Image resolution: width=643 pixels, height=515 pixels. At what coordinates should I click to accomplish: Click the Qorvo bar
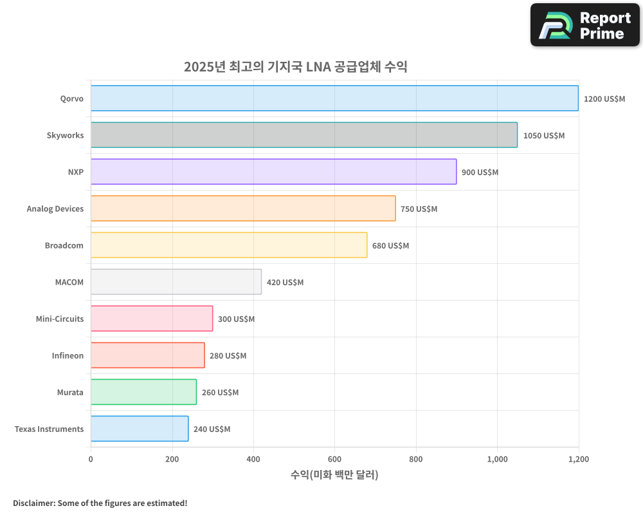(334, 98)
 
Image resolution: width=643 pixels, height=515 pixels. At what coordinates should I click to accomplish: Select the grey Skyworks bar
(303, 135)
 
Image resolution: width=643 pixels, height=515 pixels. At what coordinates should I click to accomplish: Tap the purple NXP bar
(273, 172)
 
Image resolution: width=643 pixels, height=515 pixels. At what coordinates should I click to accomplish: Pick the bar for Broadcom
(229, 245)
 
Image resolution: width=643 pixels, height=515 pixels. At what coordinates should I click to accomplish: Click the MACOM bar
(176, 282)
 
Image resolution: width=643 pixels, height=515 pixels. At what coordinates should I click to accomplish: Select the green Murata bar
(143, 392)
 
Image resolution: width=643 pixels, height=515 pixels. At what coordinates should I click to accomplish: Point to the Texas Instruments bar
(140, 429)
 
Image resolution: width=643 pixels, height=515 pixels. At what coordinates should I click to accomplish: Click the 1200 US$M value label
(604, 99)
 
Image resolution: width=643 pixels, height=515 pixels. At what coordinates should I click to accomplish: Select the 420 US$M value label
(285, 283)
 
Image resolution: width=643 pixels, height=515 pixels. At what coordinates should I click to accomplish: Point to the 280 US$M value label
(228, 356)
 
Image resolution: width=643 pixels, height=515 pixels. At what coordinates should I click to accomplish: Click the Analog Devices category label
(55, 209)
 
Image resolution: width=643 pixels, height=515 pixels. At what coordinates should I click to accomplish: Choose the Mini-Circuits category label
(60, 319)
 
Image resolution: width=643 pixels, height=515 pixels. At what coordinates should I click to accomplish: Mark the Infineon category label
(68, 356)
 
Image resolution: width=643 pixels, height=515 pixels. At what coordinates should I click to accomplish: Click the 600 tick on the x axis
(334, 460)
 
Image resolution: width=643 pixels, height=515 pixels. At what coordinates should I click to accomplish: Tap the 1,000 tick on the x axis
(497, 460)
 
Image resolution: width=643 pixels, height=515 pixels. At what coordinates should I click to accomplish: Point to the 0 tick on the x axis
(91, 460)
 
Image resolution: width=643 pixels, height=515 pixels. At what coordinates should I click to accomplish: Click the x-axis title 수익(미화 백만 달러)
(334, 475)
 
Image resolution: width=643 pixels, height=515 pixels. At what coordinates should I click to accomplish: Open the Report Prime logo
(584, 25)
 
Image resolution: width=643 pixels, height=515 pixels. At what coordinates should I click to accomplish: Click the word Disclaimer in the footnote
(33, 503)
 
